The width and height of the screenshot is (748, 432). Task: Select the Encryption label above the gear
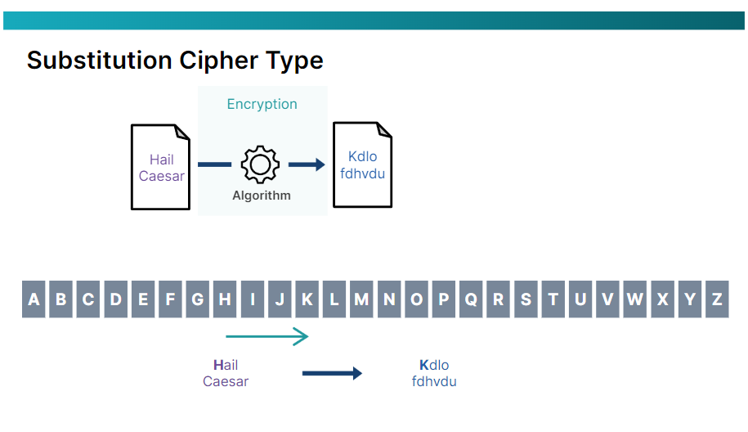pos(262,104)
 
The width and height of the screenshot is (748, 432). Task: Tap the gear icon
pos(260,164)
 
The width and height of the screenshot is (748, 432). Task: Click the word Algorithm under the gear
pos(262,196)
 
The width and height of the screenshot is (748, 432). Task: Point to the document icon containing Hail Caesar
pos(161,167)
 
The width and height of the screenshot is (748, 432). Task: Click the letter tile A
pos(34,299)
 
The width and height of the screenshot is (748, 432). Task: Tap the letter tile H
pos(225,299)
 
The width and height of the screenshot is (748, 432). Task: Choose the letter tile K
pos(307,299)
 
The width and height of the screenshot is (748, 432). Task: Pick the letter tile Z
pos(717,299)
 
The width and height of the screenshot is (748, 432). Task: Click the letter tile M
pos(361,299)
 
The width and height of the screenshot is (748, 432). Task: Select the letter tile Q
pos(471,299)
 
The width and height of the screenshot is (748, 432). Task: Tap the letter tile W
pos(635,299)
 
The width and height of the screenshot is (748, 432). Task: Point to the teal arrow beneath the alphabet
pos(267,336)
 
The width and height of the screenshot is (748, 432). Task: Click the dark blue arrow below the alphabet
pos(332,374)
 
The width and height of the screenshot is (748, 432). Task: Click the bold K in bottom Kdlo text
pos(423,366)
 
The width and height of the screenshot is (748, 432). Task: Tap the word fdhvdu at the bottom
pos(434,381)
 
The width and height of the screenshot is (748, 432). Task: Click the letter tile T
pos(553,299)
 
